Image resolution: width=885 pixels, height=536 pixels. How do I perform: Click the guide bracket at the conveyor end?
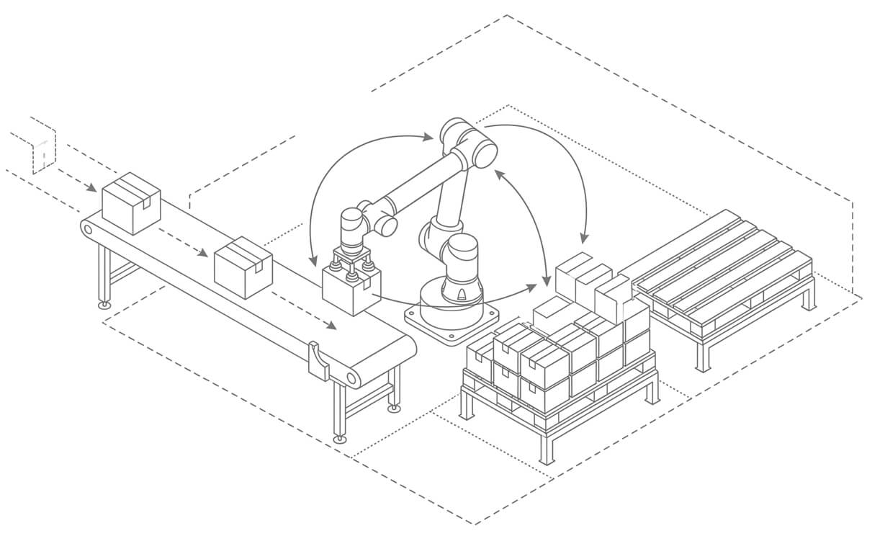318,361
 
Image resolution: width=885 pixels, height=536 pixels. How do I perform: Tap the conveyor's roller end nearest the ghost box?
88,229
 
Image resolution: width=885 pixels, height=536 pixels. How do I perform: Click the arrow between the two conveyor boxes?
184,244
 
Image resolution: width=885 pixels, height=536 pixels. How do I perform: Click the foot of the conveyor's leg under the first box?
105,305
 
